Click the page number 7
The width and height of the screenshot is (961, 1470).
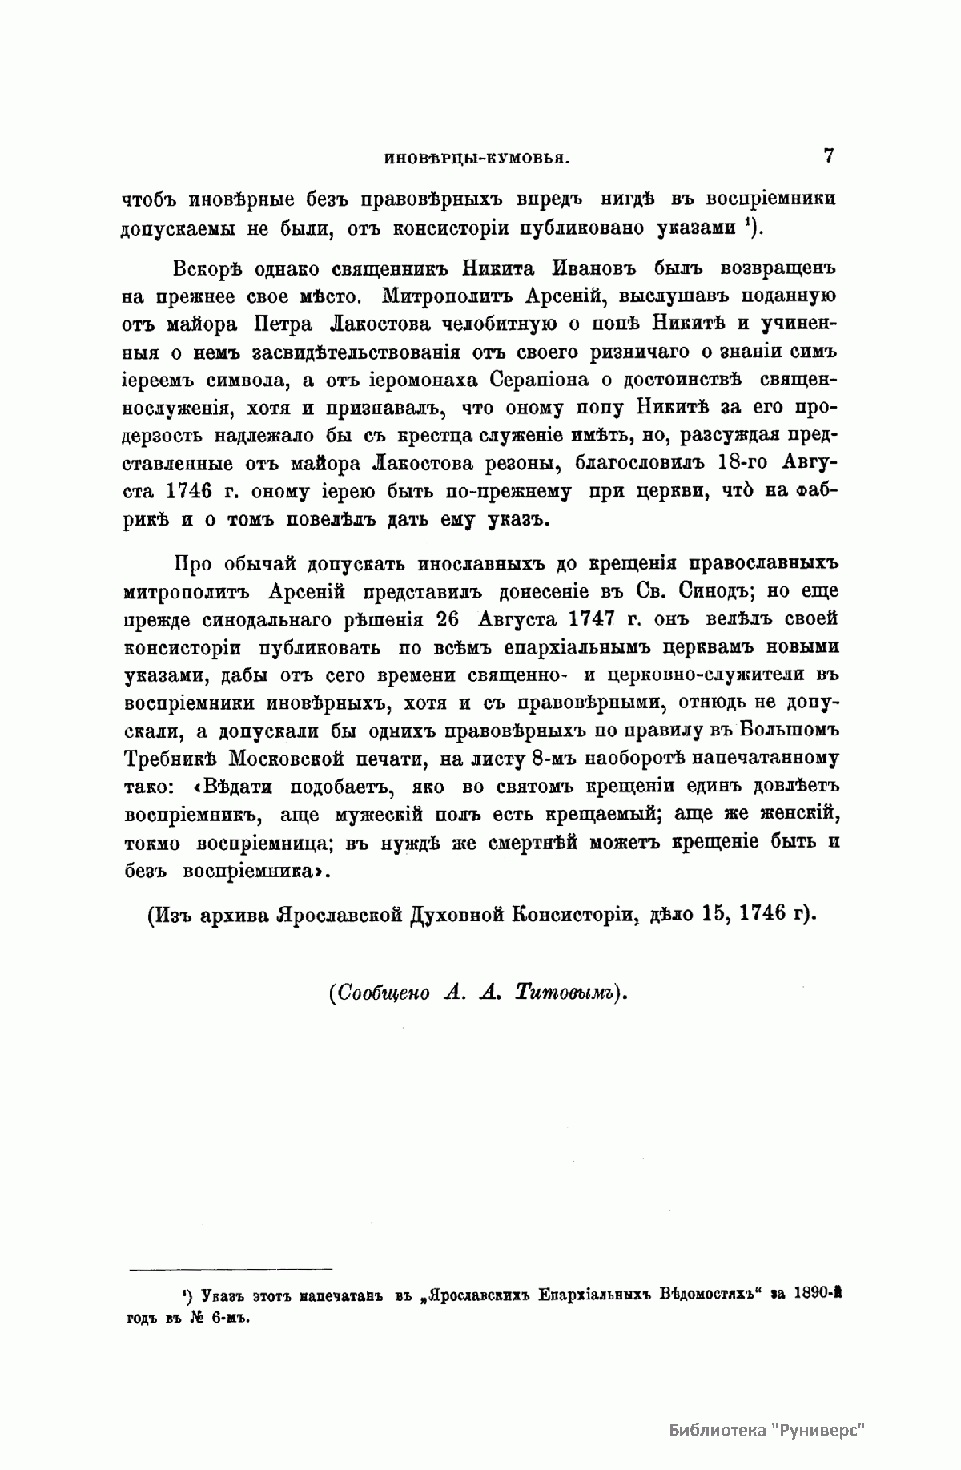(x=828, y=155)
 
